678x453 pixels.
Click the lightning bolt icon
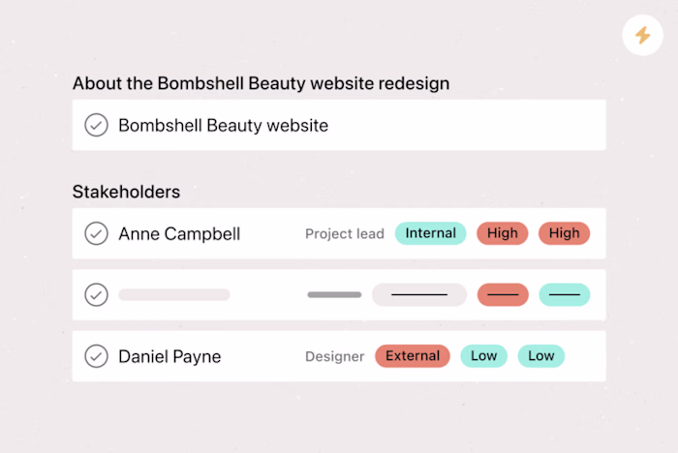click(642, 36)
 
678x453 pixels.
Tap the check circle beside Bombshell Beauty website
click(96, 125)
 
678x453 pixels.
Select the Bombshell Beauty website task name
click(223, 125)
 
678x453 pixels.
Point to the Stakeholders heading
click(126, 192)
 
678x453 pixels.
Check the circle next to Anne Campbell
click(96, 233)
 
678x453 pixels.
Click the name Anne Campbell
click(179, 233)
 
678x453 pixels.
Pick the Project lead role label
click(344, 233)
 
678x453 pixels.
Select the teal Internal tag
click(430, 233)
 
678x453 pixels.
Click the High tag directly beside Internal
click(502, 233)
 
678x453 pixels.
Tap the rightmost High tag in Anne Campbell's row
click(564, 233)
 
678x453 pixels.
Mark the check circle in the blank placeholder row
click(96, 294)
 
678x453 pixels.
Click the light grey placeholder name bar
click(174, 294)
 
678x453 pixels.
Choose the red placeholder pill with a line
click(502, 294)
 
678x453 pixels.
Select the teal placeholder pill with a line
click(564, 294)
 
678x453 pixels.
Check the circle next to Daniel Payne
click(96, 356)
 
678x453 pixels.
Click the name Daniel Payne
click(169, 356)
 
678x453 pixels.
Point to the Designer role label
click(334, 356)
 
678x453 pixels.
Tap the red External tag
click(413, 356)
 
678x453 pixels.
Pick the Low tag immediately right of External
click(483, 356)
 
